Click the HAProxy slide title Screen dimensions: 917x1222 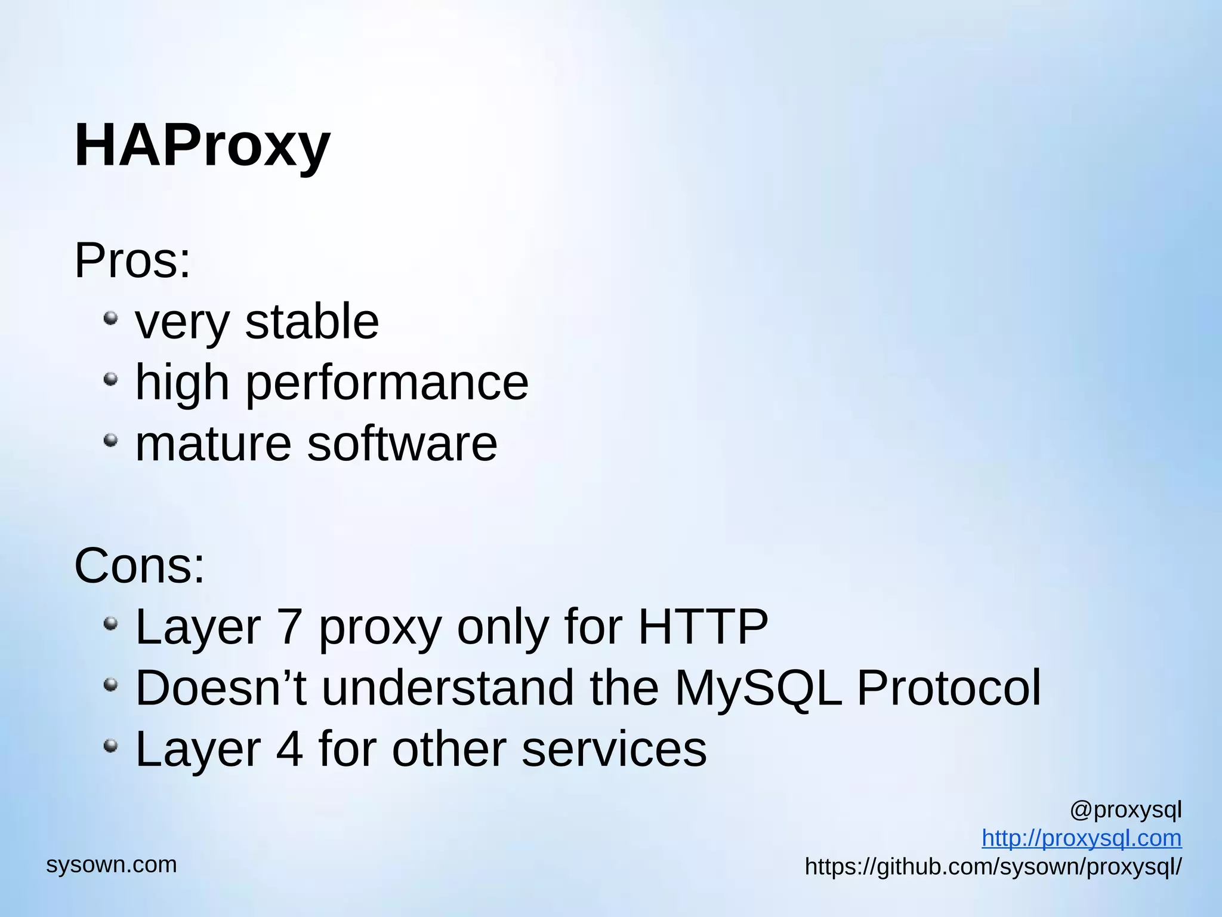[202, 146]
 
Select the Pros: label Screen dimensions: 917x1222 [132, 261]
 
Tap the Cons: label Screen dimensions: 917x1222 [139, 565]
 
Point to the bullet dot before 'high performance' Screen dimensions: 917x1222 [110, 379]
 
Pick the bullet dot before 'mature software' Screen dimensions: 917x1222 [110, 440]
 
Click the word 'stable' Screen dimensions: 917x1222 [311, 322]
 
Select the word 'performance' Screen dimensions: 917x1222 [387, 383]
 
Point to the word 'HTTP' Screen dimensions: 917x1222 [703, 627]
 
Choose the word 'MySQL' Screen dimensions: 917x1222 [758, 689]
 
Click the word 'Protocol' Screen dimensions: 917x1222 [949, 688]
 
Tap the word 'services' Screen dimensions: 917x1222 [614, 749]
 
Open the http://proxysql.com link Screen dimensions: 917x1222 [1081, 838]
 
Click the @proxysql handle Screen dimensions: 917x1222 [1125, 810]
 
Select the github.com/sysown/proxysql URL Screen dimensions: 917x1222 [993, 867]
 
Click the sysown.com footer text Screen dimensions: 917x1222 [112, 864]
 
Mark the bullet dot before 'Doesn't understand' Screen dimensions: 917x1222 [110, 684]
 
